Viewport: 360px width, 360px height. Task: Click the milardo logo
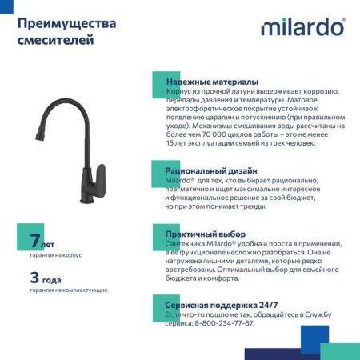(302, 28)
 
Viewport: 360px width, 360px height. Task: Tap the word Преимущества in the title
(66, 23)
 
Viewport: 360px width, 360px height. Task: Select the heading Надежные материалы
(211, 82)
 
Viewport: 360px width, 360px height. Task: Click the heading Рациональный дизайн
(211, 170)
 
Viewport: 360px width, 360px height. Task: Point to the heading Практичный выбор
(205, 234)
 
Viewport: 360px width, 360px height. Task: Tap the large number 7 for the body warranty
(34, 240)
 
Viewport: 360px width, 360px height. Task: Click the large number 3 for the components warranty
(34, 278)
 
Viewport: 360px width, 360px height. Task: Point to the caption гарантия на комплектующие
(68, 290)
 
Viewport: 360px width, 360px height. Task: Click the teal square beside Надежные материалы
(159, 79)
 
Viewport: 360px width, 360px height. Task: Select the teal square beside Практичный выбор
(159, 231)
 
